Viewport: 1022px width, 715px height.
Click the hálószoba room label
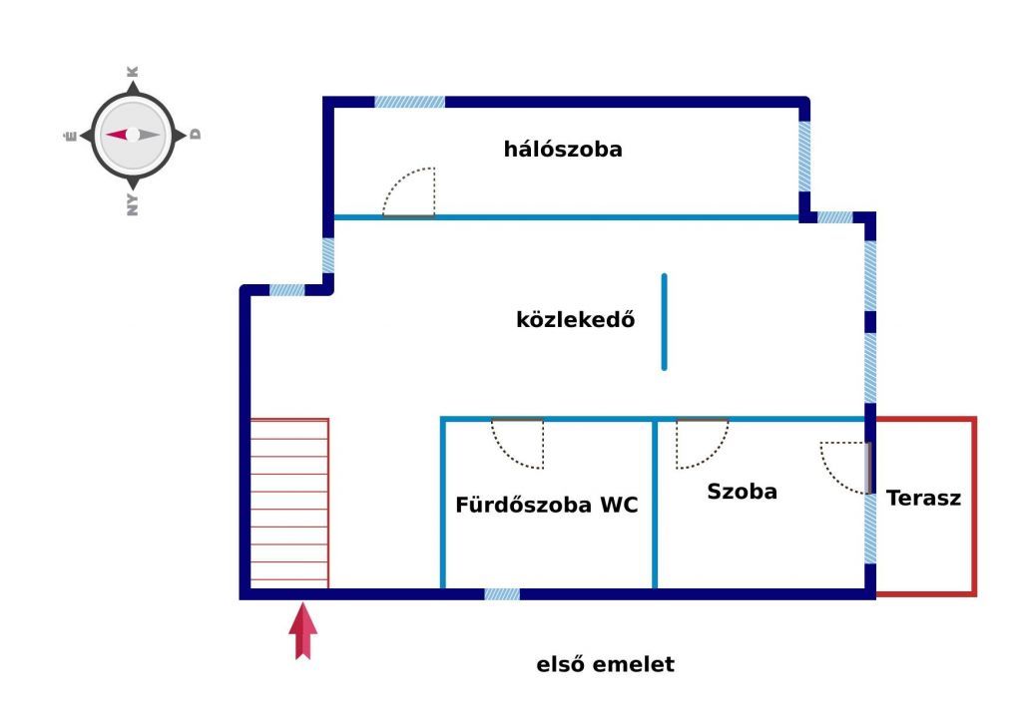(563, 150)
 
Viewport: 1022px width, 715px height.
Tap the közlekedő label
(576, 319)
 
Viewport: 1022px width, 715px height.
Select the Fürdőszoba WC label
(546, 505)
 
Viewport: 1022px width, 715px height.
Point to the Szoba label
(742, 491)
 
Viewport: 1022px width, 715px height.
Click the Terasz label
(923, 499)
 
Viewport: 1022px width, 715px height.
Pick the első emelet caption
(606, 664)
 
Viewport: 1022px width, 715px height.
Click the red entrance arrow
(303, 631)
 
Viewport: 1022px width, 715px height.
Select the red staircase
(289, 504)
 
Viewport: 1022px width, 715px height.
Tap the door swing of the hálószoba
(408, 192)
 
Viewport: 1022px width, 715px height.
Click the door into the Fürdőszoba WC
(518, 443)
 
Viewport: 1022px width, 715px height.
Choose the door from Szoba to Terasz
(846, 468)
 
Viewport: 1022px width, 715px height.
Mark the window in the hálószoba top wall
(410, 103)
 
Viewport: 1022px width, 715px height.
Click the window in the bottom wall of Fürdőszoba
(502, 594)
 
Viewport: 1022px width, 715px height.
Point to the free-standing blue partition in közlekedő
(664, 322)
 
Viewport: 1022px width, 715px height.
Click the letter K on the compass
(133, 72)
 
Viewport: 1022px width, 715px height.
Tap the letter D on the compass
(195, 135)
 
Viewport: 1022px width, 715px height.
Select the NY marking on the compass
(133, 204)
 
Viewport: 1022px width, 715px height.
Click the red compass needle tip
(108, 135)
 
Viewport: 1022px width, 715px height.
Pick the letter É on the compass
(71, 136)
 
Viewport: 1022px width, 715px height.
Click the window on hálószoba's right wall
(805, 157)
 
